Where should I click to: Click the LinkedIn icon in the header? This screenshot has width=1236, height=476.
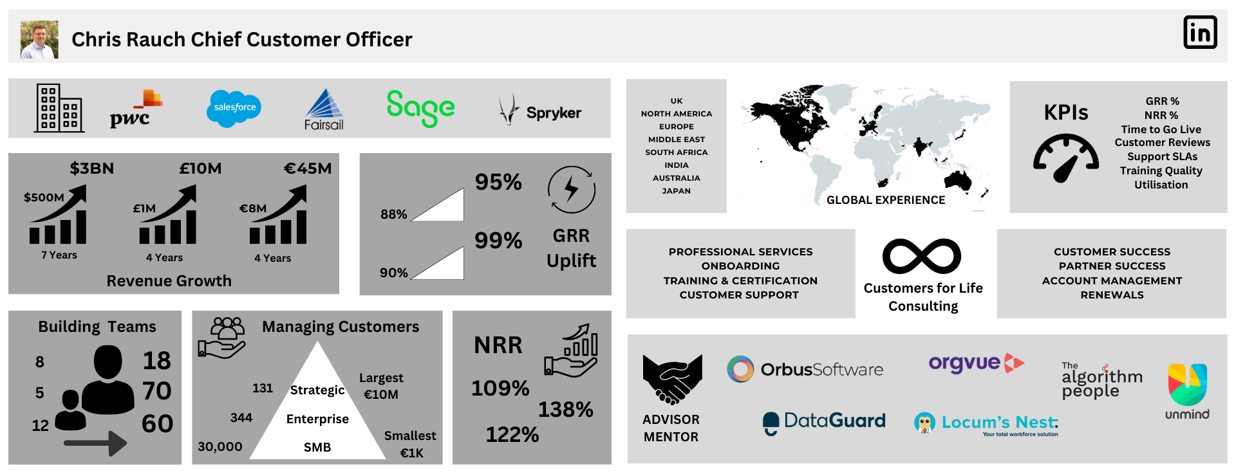point(1200,32)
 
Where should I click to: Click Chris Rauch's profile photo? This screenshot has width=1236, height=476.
point(39,39)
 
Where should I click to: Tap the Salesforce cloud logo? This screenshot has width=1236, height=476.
point(234,107)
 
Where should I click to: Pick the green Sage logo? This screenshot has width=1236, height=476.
point(420,108)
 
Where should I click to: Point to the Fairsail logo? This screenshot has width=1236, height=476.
point(324,109)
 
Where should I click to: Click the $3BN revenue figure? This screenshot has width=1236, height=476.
point(92,169)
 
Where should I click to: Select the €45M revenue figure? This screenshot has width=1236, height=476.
point(308,169)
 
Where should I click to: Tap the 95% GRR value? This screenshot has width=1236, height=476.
point(498,182)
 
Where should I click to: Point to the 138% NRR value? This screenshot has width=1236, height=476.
point(565,410)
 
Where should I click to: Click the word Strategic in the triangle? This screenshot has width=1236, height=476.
point(317,390)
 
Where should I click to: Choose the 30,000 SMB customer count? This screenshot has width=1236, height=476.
point(220,446)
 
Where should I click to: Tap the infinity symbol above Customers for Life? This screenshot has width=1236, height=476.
point(922,256)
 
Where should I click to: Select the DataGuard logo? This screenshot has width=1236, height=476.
point(824,423)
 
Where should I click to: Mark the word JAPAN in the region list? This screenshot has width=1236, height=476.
point(677,191)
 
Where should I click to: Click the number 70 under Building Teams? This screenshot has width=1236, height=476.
point(157,391)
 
